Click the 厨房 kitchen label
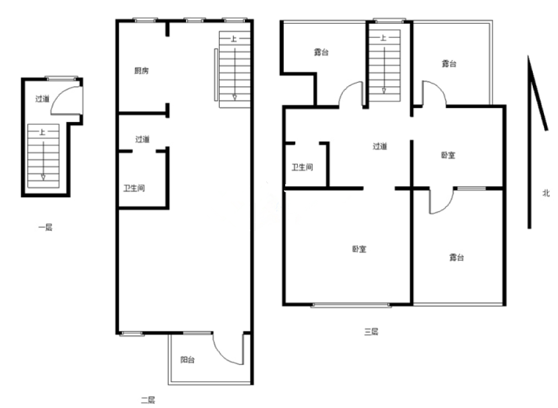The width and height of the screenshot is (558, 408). (141, 71)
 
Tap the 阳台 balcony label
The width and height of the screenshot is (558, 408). (187, 360)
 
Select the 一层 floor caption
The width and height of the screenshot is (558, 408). (45, 227)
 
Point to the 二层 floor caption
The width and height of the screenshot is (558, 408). (148, 400)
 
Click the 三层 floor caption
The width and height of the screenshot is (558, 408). (371, 331)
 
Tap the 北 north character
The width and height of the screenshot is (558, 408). (546, 193)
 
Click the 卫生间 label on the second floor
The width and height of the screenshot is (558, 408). (134, 188)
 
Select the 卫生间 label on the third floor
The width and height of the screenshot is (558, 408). (302, 167)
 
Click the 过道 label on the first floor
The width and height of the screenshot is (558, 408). (42, 99)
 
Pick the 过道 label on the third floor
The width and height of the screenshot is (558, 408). (380, 146)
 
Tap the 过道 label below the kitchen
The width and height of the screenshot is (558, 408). (142, 139)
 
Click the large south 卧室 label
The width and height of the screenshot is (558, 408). (359, 249)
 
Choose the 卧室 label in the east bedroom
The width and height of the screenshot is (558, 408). (448, 155)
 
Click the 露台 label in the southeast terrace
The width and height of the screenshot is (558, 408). (457, 257)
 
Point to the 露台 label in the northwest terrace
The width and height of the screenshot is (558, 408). (321, 52)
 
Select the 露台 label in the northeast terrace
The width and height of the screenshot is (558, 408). (449, 64)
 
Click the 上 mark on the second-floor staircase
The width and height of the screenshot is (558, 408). (234, 38)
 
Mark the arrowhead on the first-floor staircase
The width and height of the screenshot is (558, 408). (43, 177)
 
